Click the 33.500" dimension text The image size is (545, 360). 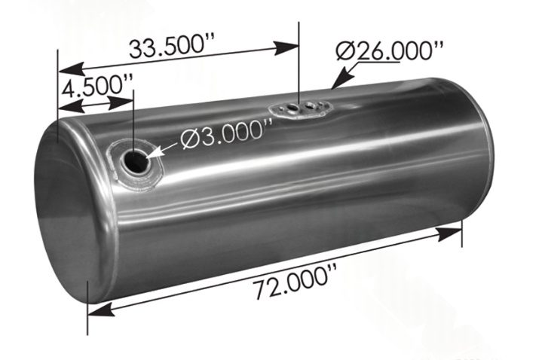point(173,47)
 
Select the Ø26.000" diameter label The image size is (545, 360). point(390,52)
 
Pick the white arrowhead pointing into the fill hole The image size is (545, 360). point(155,153)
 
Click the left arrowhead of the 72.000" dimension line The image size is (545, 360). point(98,307)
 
